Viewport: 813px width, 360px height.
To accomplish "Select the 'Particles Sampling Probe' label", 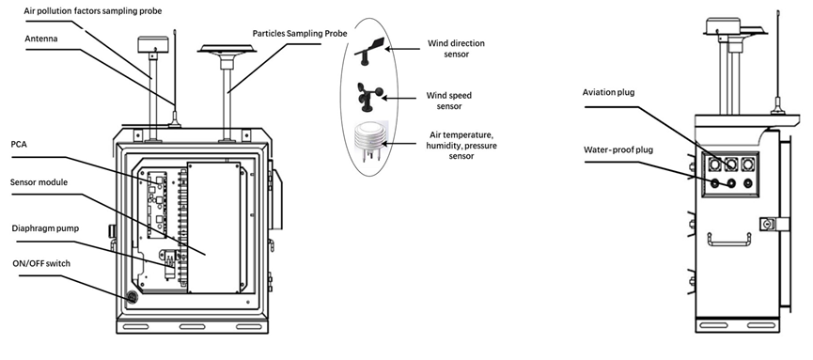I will coord(299,34).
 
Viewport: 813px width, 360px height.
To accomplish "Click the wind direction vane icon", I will coord(368,52).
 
